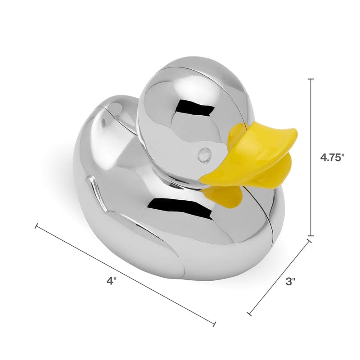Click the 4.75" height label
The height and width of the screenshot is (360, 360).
[333, 158]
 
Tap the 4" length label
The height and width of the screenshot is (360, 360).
[112, 281]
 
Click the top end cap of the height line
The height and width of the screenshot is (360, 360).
[310, 79]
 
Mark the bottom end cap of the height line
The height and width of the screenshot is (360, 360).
[310, 236]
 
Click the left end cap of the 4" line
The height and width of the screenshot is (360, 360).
[36, 226]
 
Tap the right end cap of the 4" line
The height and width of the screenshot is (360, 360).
[214, 324]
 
